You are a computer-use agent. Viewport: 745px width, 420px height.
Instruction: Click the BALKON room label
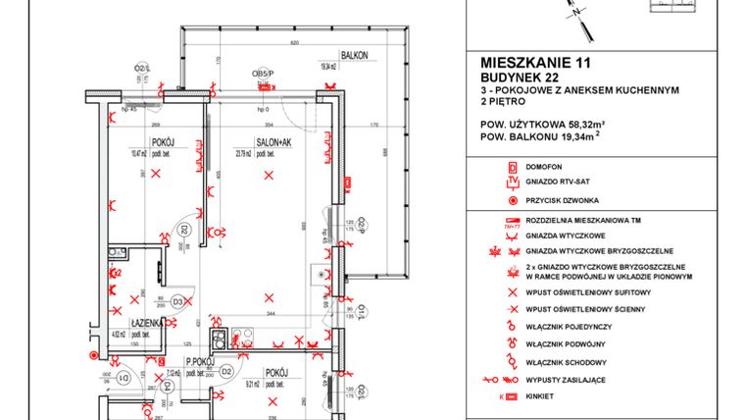(354, 56)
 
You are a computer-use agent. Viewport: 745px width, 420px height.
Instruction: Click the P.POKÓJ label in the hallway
(191, 361)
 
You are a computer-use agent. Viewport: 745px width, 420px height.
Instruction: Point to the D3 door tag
(178, 301)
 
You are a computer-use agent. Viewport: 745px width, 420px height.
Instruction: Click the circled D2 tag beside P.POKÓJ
(225, 372)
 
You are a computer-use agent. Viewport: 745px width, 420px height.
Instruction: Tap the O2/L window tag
(142, 67)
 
